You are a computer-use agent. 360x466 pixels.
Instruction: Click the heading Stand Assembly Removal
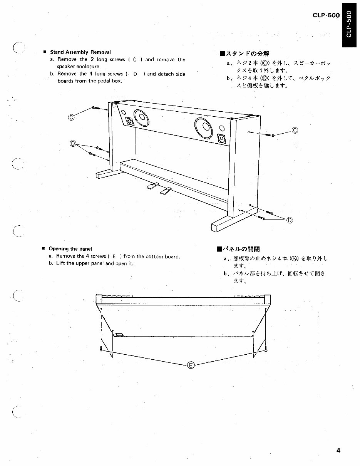[x=80, y=52]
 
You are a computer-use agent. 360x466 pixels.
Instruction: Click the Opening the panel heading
[x=70, y=249]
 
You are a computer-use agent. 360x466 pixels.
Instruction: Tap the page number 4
[x=338, y=450]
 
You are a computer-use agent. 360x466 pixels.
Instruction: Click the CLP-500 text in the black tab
[x=349, y=24]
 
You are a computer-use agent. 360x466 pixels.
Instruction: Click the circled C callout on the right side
[x=295, y=130]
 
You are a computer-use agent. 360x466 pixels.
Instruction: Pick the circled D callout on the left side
[x=72, y=144]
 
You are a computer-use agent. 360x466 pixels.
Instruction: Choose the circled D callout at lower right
[x=289, y=220]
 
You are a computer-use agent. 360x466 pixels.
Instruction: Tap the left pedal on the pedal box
[x=152, y=187]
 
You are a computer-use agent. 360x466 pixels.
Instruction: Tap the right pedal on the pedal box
[x=166, y=190]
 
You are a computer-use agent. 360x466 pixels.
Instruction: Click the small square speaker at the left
[x=130, y=122]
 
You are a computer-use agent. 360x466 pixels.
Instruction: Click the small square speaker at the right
[x=222, y=138]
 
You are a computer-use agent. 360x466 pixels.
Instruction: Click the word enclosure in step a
[x=89, y=67]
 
